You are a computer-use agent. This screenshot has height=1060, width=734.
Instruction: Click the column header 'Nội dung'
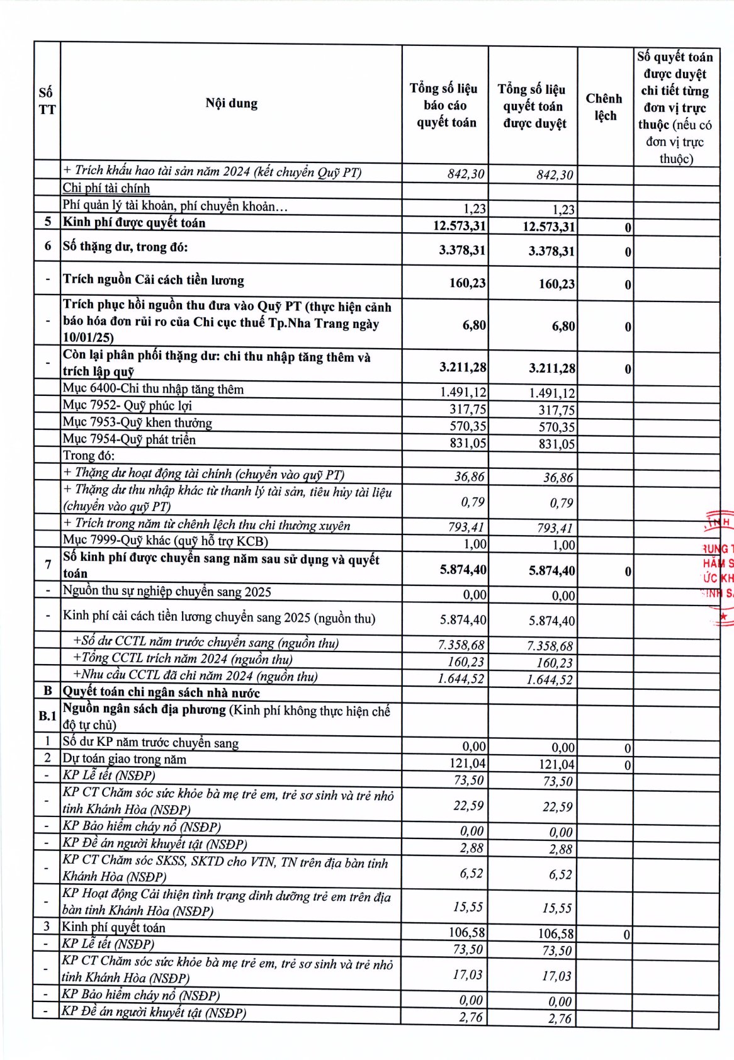(231, 103)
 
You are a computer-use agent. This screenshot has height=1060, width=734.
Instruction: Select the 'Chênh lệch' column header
(604, 107)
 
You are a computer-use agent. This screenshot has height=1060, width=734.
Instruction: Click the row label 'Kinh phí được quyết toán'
(134, 223)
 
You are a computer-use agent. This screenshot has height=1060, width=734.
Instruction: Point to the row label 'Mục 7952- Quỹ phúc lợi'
(127, 405)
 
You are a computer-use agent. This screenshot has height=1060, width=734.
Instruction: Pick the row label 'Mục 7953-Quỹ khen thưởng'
(137, 422)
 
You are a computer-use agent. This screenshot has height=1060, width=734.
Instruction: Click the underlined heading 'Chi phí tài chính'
(106, 188)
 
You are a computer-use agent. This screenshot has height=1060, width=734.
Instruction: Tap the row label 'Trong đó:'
(89, 456)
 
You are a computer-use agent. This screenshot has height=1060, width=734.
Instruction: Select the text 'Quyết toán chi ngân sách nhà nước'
(161, 692)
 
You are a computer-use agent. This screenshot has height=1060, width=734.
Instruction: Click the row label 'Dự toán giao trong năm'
(124, 759)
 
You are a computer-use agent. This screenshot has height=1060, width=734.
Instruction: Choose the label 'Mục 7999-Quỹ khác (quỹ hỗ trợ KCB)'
(166, 541)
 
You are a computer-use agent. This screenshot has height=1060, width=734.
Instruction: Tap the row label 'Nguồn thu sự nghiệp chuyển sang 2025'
(167, 591)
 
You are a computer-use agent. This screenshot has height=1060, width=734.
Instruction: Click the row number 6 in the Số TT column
(47, 246)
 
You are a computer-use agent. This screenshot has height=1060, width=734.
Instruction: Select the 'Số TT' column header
(47, 101)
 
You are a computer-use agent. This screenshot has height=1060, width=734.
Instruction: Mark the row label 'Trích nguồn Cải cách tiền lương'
(153, 279)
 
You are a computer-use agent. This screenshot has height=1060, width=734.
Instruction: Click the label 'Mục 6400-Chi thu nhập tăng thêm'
(153, 389)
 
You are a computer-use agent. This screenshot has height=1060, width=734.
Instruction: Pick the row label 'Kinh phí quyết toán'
(114, 927)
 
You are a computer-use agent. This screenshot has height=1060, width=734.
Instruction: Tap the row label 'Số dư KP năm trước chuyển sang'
(150, 743)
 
